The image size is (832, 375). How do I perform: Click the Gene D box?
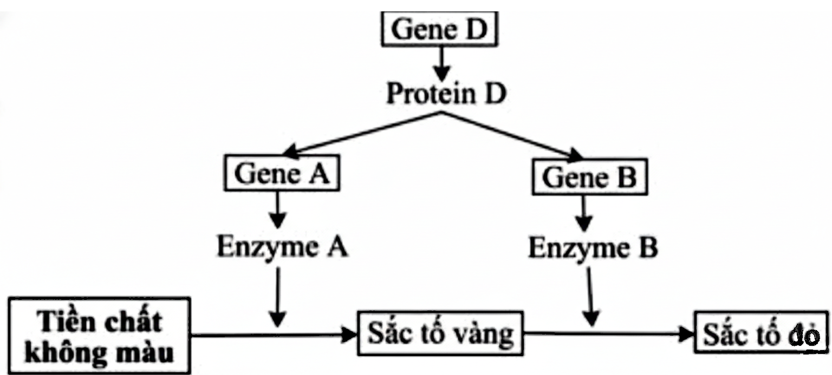point(439,30)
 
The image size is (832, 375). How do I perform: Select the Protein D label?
point(446,93)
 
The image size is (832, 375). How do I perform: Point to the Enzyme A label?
point(282,248)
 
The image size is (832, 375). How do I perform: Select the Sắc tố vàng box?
point(440,333)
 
